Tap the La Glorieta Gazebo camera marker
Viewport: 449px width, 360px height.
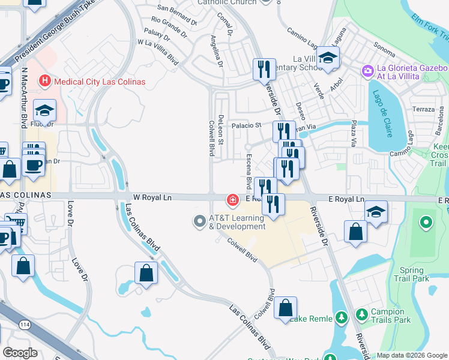(367, 71)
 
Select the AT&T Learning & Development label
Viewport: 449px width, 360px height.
(237, 222)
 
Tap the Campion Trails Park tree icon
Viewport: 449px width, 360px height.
(362, 314)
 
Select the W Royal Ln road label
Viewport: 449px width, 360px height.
(152, 197)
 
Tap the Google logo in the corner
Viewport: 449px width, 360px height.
(20, 352)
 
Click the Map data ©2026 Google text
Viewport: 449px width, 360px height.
(412, 355)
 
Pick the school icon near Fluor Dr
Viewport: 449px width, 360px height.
(44, 110)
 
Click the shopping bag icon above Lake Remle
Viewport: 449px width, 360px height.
(286, 308)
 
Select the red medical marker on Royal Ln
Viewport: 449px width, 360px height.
(232, 199)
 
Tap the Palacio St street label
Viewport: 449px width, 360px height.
(248, 125)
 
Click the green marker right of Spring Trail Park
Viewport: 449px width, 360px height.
(426, 224)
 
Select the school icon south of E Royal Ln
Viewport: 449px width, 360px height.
(376, 212)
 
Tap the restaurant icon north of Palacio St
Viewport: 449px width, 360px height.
(264, 70)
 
